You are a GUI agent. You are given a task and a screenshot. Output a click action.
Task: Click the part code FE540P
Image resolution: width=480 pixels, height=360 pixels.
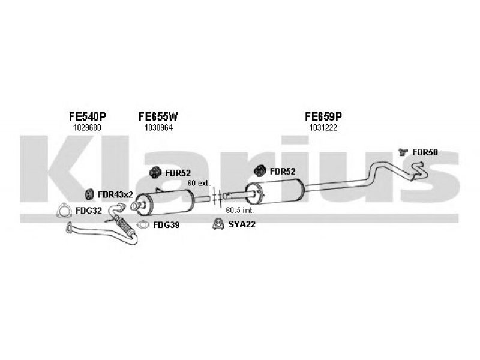87,116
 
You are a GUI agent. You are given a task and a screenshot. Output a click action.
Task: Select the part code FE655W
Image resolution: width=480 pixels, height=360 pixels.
158,116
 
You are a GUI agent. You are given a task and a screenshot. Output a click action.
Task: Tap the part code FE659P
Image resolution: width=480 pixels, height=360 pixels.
323,116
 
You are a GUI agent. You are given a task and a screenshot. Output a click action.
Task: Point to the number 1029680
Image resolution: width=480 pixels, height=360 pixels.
87,128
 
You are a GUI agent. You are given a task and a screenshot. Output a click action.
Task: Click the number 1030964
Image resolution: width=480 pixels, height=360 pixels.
158,128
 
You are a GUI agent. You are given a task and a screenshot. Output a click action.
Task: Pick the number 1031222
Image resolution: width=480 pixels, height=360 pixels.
323,128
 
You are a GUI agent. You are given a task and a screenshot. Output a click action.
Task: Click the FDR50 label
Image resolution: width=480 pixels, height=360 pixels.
425,152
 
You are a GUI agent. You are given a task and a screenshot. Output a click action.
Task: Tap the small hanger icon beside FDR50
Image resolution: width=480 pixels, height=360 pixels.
403,152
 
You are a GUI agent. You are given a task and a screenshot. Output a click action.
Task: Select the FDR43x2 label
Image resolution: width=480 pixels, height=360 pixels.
115,194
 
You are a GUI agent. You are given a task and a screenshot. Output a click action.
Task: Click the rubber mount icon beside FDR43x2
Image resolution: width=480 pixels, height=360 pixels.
89,194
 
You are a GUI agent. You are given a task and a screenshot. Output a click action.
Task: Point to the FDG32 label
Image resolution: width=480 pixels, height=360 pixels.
88,211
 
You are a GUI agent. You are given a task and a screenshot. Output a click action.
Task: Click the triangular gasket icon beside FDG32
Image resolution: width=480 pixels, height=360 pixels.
64,211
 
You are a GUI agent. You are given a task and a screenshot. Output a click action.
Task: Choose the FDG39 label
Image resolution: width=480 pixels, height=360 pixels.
166,225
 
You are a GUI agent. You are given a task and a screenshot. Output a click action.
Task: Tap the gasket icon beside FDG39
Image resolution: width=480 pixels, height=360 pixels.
142,225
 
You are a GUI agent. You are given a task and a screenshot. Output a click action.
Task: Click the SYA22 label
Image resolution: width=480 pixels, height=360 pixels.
242,224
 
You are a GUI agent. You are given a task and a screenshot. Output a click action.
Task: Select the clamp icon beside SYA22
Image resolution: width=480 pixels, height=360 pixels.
218,224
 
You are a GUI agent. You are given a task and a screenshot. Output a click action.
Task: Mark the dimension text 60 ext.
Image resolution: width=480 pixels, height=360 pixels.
199,183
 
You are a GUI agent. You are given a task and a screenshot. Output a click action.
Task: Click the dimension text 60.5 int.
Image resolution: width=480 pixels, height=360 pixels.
241,211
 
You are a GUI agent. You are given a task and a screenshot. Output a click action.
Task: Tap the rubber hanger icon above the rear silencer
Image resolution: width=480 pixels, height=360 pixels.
260,171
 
